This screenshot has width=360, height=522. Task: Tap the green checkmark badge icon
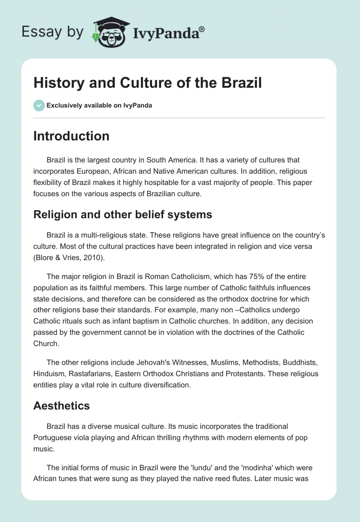coord(38,105)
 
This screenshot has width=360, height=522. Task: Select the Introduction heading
coord(71,136)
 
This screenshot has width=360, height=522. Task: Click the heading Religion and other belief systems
coord(122,215)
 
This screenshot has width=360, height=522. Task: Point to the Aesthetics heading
coord(61,405)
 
